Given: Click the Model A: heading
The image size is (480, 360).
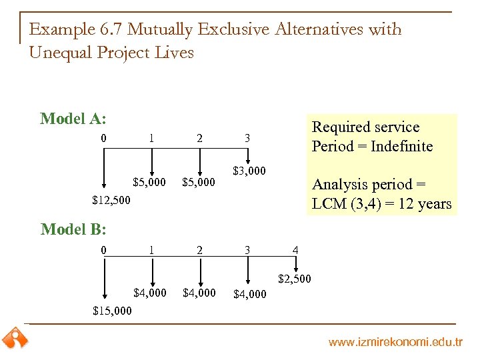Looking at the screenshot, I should pos(73,119).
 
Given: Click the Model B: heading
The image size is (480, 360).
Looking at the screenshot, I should pos(73,229).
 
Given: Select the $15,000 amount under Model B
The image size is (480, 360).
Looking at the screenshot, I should pos(112,311).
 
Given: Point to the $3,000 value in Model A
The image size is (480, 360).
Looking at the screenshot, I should pos(249,171).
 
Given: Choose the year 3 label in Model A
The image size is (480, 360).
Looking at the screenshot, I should pos(247,139).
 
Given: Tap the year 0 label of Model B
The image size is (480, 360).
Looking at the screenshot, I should pos(103,251).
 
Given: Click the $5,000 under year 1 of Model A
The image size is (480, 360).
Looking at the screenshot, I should pos(150,182).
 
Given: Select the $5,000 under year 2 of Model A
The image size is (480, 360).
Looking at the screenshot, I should pos(199,182).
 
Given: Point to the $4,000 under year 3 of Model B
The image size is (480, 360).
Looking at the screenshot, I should pos(249,293).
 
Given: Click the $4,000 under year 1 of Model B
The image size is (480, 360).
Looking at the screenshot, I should pos(150,293).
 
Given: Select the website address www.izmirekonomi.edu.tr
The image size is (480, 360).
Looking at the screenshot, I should pos(395,343).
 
